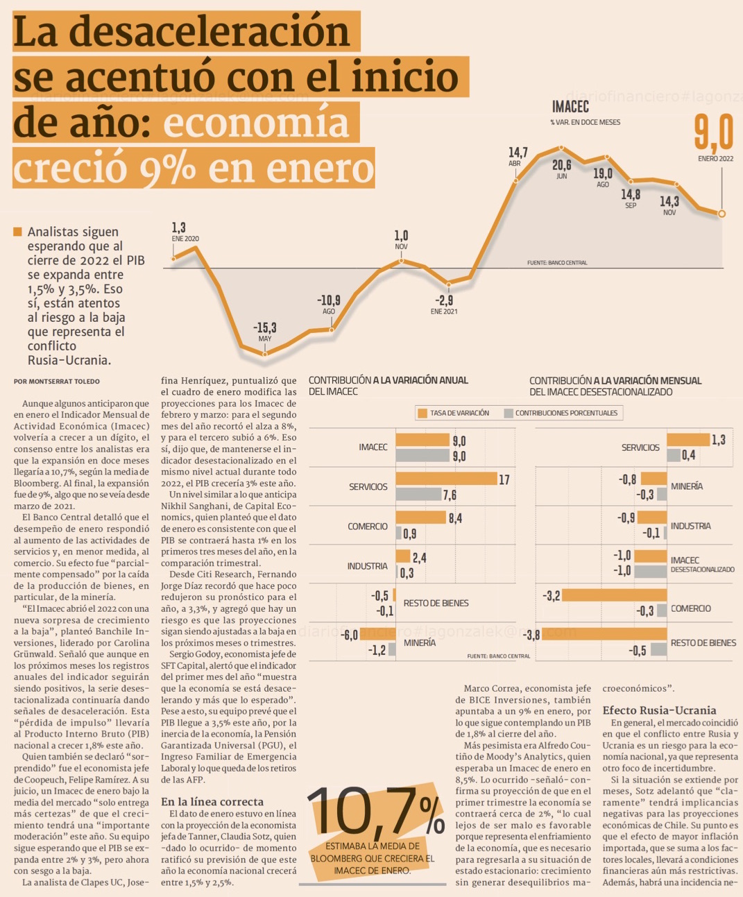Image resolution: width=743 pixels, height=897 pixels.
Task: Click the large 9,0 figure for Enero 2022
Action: coord(714,133)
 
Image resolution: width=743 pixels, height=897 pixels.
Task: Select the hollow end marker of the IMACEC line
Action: coord(722,214)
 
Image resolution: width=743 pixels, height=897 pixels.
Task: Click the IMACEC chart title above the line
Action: coord(570,106)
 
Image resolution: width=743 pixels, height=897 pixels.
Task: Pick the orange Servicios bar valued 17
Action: coord(446,479)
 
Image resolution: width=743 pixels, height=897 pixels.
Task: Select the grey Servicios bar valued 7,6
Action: coord(418,494)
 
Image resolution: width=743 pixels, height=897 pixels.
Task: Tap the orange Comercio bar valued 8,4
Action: coord(420,518)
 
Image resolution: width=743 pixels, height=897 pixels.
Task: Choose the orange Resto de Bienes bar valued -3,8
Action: coord(604,634)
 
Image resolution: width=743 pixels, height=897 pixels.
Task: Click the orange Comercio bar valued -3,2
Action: coord(614,595)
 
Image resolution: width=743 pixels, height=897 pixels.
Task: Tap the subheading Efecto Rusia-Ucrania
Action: coord(659,710)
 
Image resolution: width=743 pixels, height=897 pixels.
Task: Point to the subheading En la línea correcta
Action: coord(212,801)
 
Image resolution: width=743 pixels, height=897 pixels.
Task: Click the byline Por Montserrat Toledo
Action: coord(57,382)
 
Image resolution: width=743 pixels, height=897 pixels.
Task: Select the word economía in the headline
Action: coord(257,123)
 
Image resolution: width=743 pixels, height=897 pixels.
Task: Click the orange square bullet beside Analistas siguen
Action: coord(18,232)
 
